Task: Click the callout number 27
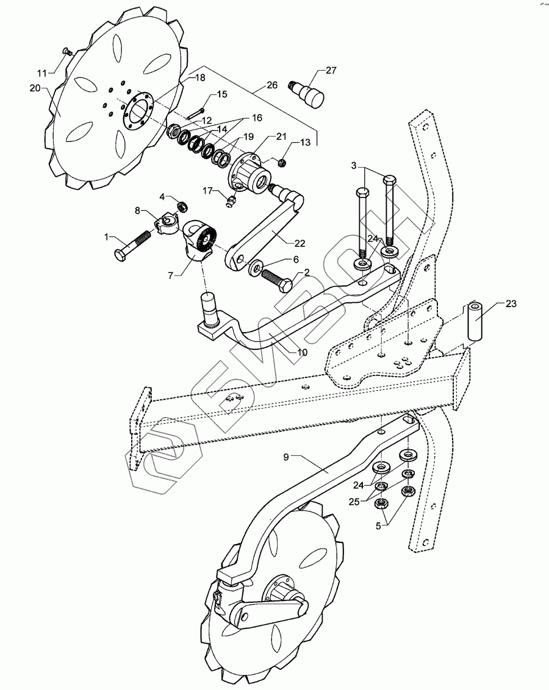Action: pos(331,71)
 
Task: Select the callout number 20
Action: pos(35,88)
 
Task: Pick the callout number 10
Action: pos(302,352)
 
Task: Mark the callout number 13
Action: pos(305,142)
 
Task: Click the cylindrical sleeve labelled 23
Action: pos(475,319)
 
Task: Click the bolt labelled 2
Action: pos(278,282)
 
